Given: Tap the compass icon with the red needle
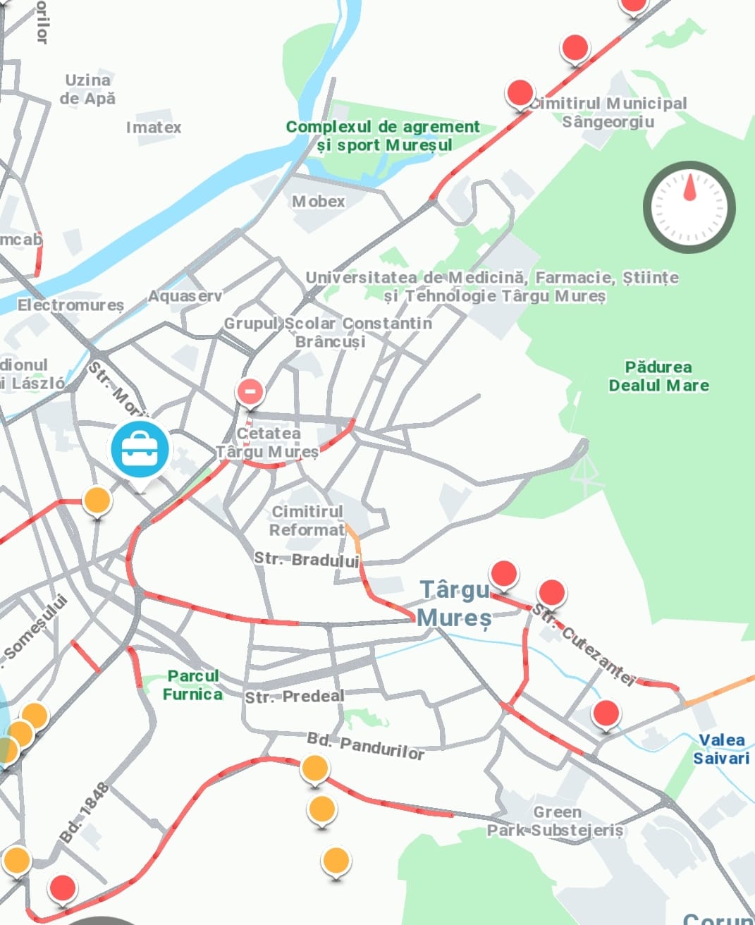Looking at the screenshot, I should pos(689,207).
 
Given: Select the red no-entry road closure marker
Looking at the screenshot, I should pos(250,391).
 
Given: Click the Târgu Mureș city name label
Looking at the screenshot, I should pos(455,604).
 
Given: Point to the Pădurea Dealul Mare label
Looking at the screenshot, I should pos(658,376).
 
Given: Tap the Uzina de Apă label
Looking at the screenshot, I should pos(87,90).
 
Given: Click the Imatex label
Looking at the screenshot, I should pos(153,128).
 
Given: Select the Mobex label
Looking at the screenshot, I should pos(319,202).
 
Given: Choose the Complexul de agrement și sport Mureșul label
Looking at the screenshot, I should pos(383,136).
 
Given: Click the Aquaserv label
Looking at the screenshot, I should pos(185,297).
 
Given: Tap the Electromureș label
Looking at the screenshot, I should pos(70,305).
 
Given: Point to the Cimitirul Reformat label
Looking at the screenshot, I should pos(307,520).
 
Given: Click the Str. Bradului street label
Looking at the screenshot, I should pos(307,560).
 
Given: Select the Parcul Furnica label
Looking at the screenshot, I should pos(192,685).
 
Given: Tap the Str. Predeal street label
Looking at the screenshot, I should pos(295,697).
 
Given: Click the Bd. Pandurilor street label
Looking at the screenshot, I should pos(365,746).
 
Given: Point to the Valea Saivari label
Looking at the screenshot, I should pos(720,749).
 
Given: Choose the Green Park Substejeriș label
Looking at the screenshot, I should pos(555,821).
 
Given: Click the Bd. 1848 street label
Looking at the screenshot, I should pos(83,813).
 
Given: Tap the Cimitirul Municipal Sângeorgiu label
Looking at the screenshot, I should pos(608,113).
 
